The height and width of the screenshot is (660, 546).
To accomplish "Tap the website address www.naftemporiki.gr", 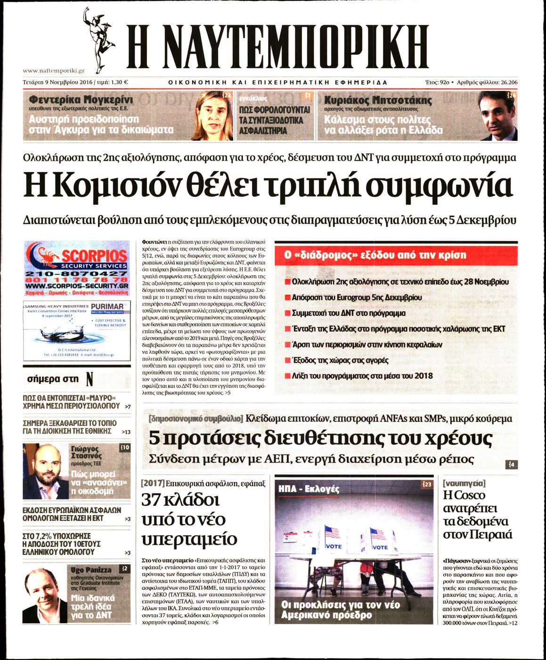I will click(53, 71).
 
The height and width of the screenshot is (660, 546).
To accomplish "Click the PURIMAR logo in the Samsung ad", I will click(107, 307).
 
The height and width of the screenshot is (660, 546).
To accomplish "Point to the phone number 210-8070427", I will click(77, 274).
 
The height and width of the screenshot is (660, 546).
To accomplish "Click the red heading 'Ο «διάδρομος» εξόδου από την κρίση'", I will click(375, 255).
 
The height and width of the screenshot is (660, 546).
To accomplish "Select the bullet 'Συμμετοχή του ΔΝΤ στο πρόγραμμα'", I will click(348, 313).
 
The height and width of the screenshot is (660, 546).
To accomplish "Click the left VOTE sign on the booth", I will click(334, 546).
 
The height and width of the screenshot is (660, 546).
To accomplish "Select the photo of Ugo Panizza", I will click(45, 594).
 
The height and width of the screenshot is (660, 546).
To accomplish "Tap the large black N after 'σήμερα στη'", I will click(90, 379).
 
